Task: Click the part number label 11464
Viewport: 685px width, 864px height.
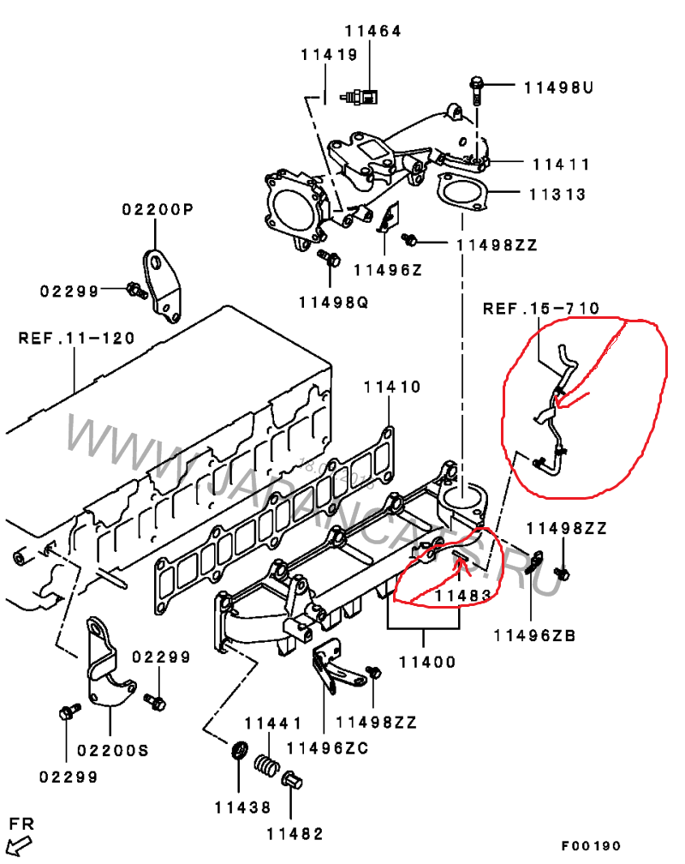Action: pos(372,31)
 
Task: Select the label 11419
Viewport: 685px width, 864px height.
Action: pos(330,55)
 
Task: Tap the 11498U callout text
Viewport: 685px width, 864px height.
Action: pos(558,87)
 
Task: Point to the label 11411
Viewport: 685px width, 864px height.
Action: pos(561,165)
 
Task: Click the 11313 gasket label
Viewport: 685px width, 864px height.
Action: pos(557,195)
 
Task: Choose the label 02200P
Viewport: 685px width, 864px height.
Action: pos(158,209)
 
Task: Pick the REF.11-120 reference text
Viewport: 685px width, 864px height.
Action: pos(76,338)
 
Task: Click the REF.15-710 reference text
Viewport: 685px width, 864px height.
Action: pos(541,308)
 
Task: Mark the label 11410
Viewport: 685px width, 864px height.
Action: pos(392,387)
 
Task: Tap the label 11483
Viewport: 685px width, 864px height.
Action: pos(463,596)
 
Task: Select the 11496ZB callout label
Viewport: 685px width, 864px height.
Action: pos(534,635)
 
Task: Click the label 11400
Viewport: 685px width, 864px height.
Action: pos(427,662)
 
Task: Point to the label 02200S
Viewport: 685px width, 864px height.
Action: pos(113,751)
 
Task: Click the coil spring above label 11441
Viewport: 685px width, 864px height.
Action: pos(267,765)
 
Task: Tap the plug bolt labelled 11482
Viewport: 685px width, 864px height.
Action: pos(291,780)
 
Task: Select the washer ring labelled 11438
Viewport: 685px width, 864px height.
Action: pos(239,750)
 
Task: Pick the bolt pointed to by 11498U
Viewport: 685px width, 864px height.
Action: pos(476,90)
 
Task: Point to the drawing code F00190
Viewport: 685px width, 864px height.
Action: pos(592,845)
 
